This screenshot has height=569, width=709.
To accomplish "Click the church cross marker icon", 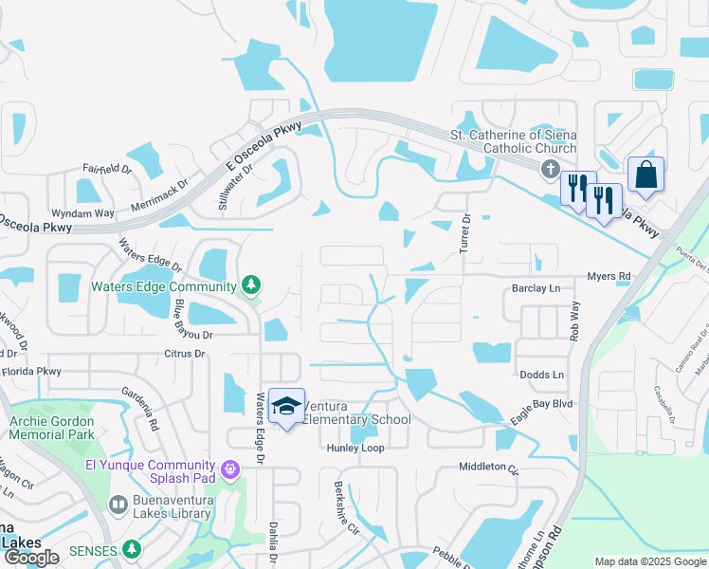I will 549,169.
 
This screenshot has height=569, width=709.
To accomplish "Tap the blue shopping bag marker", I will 645,175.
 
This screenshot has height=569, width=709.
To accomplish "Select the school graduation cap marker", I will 285,406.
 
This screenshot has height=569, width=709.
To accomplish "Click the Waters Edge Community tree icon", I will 250,284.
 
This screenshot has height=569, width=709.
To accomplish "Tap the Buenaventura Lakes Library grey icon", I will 118,505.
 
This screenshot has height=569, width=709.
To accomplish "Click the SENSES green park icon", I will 132,549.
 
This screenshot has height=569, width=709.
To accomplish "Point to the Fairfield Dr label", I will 106,169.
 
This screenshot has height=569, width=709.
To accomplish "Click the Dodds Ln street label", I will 542,375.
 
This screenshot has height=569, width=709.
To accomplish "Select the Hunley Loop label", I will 355,448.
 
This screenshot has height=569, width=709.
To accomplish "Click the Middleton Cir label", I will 489,467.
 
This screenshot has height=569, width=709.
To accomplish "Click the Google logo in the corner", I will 31,558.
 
